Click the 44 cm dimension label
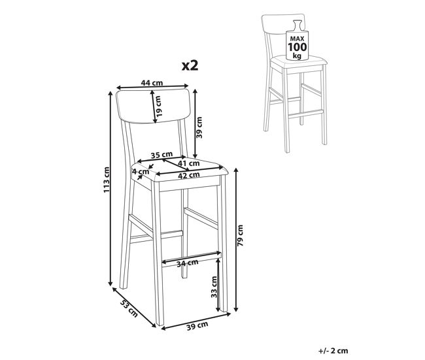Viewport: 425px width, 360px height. [152, 82]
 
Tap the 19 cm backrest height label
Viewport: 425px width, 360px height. [159, 106]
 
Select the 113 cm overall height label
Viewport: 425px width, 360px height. [107, 180]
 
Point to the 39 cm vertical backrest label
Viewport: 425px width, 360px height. [199, 127]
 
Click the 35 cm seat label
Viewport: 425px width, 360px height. [161, 155]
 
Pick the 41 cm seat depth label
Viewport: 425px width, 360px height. [189, 163]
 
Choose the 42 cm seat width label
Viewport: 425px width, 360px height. [189, 175]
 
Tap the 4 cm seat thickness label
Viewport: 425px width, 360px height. [141, 171]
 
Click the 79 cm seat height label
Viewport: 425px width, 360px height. [240, 235]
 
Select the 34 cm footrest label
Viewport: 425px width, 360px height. [188, 263]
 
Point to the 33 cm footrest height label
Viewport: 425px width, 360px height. [214, 287]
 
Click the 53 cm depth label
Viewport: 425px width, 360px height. [129, 308]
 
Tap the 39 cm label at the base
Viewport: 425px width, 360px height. [197, 325]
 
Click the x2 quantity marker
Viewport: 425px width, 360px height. [190, 65]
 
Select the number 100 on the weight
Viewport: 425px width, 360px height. [297, 47]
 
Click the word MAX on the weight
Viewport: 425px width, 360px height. [297, 39]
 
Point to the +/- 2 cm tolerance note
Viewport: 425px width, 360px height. [333, 351]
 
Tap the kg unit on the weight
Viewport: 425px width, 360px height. [297, 56]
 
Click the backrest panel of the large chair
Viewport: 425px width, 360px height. [152, 106]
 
